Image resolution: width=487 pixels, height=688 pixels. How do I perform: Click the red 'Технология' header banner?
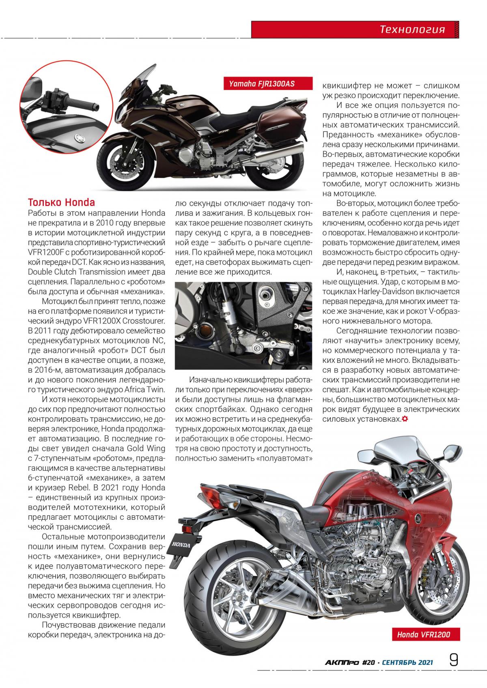click(x=412, y=29)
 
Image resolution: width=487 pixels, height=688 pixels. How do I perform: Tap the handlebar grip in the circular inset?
click(x=85, y=104)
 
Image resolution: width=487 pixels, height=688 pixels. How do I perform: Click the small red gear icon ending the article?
click(x=405, y=419)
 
